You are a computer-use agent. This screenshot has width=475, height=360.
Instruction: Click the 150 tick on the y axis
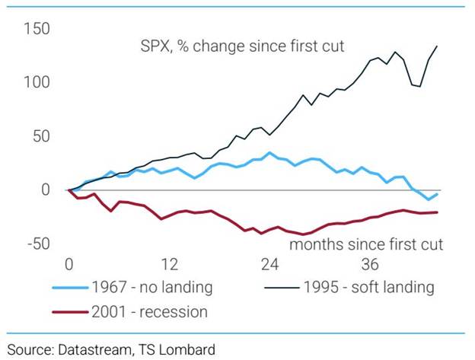36,29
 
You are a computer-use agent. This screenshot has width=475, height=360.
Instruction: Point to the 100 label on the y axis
36,82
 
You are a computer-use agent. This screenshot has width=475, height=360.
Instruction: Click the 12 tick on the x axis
170,265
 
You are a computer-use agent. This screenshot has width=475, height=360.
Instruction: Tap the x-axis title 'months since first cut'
365,244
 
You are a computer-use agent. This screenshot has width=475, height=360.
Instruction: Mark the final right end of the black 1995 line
437,46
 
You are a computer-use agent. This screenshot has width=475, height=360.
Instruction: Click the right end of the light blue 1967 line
437,194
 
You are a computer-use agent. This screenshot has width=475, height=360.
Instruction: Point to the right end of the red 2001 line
437,212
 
